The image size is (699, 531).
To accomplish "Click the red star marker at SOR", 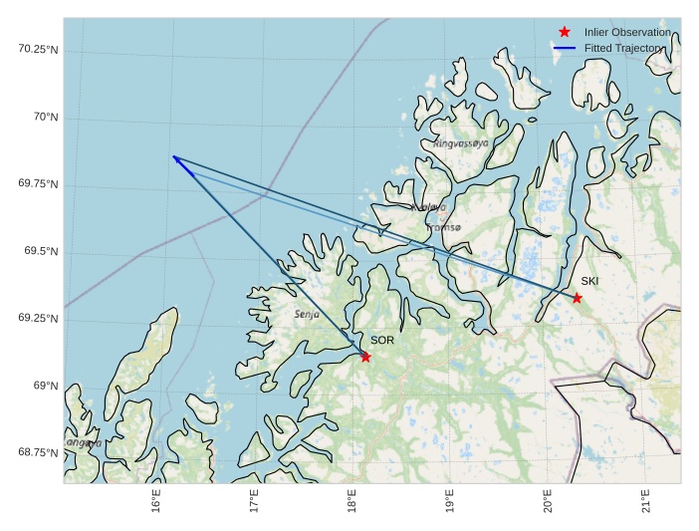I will [x=365, y=357].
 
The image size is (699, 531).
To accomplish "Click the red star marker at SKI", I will [x=577, y=298].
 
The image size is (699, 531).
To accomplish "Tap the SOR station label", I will [x=382, y=341].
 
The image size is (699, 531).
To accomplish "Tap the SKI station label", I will [x=589, y=281].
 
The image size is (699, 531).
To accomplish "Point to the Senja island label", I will [x=307, y=314].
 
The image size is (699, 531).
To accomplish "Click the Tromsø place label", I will [x=443, y=227].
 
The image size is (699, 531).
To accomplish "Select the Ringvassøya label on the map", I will [x=461, y=143].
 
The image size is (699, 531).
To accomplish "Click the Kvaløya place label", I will [x=429, y=207].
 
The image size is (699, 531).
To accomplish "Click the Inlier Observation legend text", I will [x=627, y=32].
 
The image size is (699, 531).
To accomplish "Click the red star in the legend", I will [x=565, y=32].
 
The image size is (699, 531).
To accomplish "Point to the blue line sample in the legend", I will [x=565, y=48].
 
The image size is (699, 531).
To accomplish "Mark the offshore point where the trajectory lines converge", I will [x=173, y=156].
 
